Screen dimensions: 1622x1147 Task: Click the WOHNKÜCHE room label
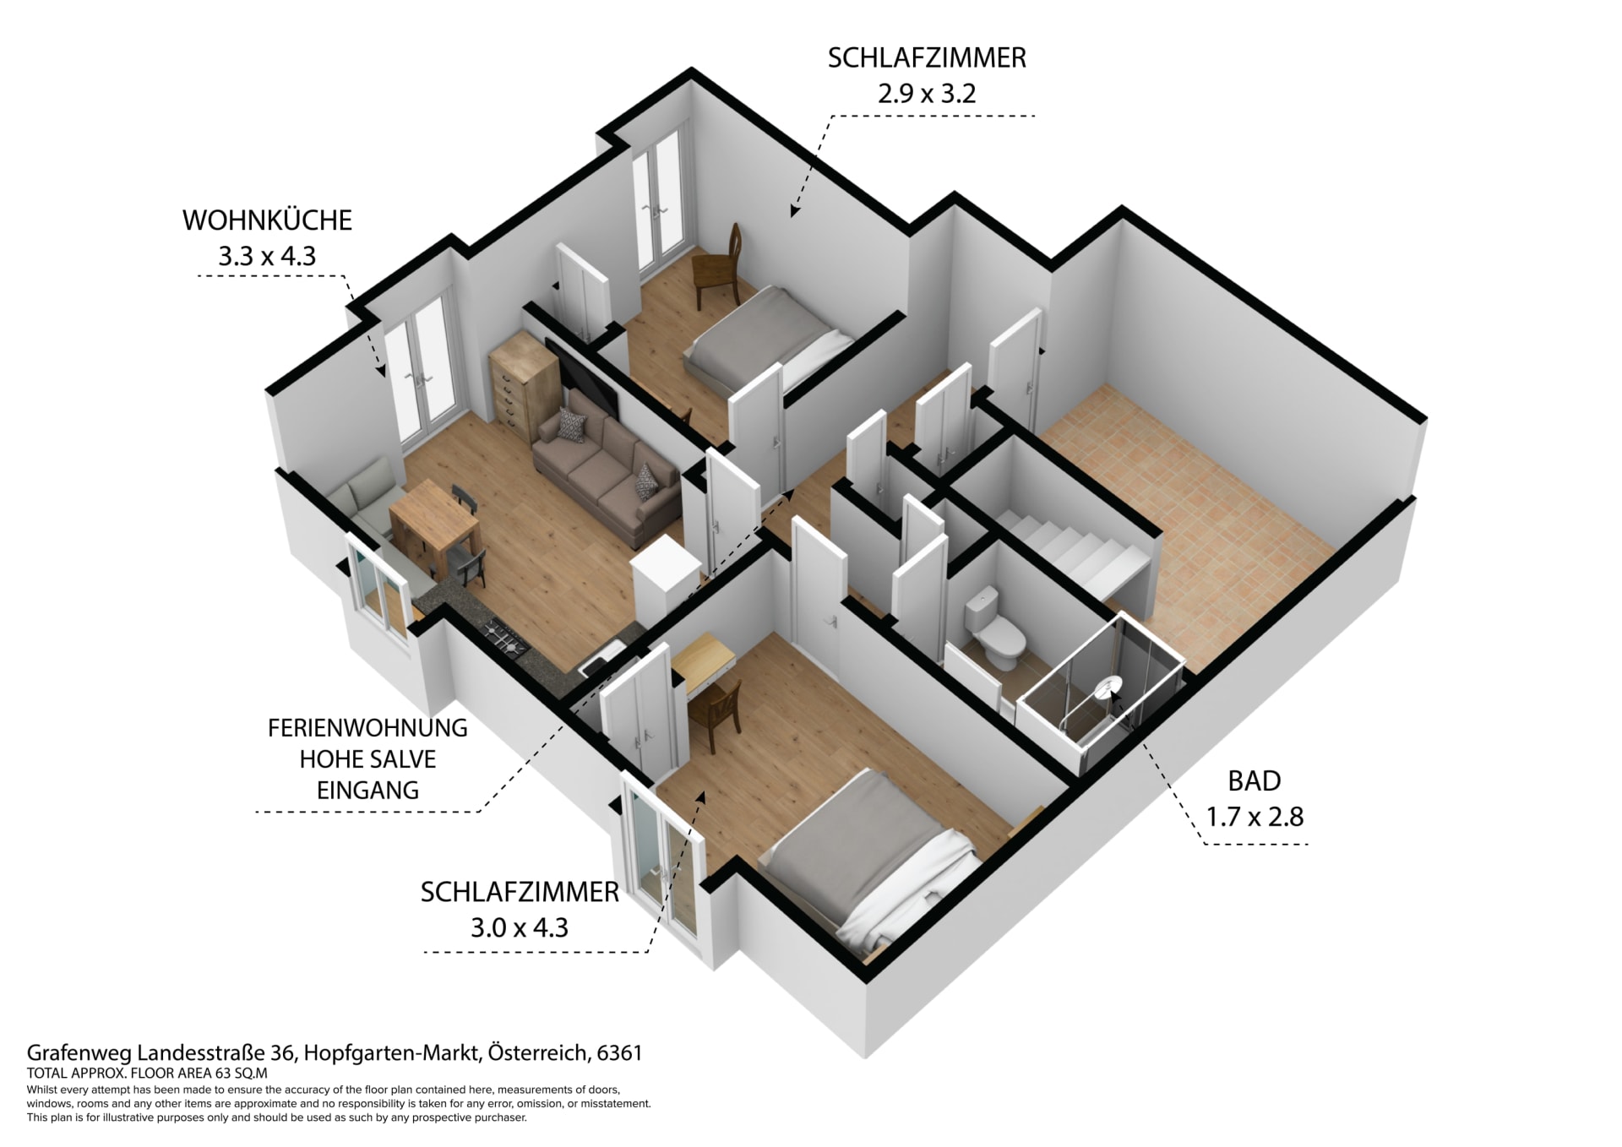[267, 220]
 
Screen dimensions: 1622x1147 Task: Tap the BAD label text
[1255, 781]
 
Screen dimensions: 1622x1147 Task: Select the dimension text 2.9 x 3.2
[927, 93]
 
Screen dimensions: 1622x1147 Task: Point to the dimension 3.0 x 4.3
[520, 928]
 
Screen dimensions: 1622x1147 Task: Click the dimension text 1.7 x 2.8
[1255, 817]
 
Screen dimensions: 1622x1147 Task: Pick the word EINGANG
[367, 791]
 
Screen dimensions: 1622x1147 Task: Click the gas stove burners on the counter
[504, 637]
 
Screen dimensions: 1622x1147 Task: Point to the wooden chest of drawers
[524, 388]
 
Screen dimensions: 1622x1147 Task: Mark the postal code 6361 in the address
[619, 1053]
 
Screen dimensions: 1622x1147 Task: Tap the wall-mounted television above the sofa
[582, 378]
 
